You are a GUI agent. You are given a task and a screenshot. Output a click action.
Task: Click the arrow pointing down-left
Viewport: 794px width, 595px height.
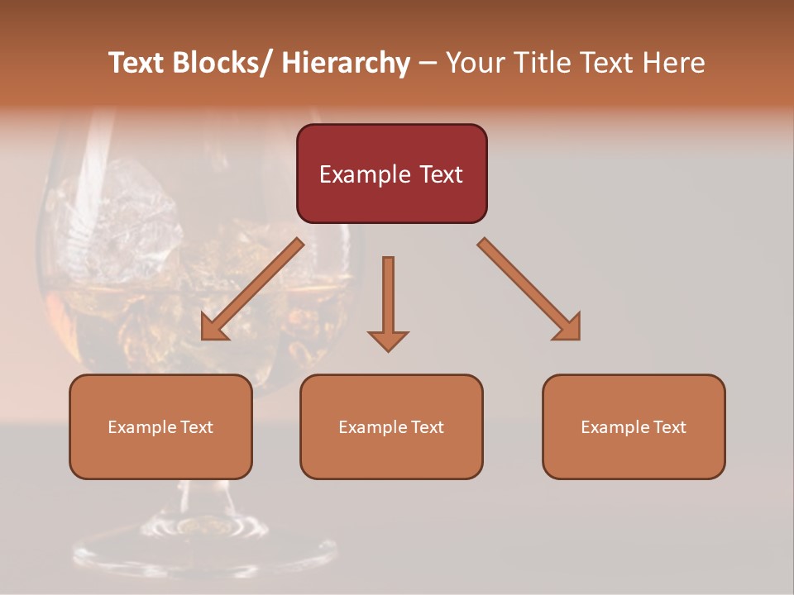(251, 289)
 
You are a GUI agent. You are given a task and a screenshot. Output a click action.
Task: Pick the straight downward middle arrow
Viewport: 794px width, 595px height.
(388, 302)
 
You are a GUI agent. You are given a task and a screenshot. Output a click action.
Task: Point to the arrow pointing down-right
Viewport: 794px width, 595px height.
(529, 289)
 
